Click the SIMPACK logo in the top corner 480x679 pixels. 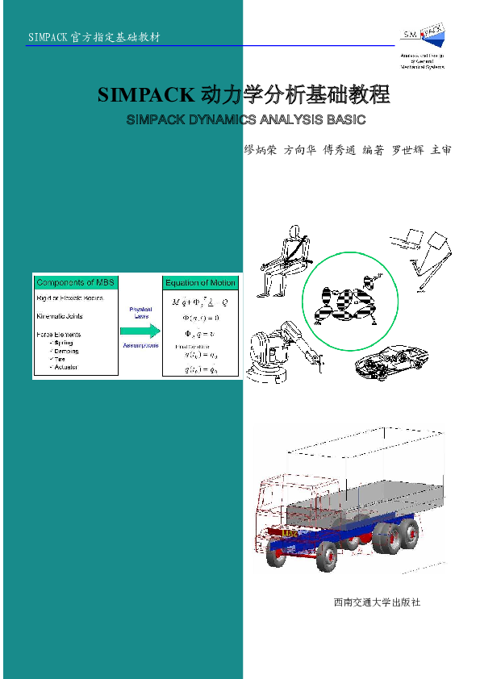(423, 45)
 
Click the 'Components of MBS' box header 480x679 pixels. (76, 282)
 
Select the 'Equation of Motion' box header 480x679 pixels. (200, 282)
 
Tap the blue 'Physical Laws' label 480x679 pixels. (140, 312)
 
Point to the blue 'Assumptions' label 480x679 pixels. (140, 345)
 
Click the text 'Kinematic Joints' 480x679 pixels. (61, 316)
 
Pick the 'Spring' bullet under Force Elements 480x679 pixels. (63, 343)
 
